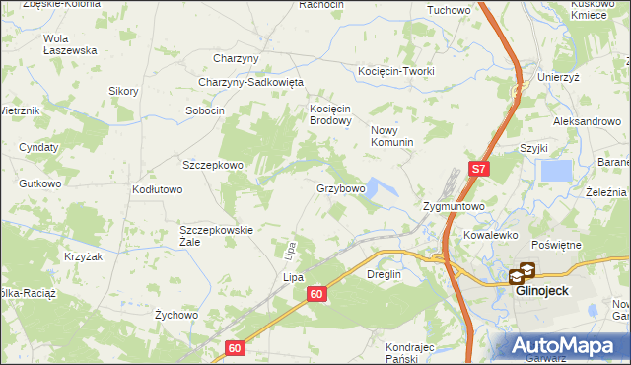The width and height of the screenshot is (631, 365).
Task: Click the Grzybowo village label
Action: click(341, 187)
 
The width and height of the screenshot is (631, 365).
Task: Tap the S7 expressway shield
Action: click(478, 169)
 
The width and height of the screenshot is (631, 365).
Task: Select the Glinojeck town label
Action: click(542, 290)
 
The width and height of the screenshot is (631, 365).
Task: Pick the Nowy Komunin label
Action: click(391, 136)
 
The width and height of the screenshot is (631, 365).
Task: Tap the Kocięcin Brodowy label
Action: click(331, 114)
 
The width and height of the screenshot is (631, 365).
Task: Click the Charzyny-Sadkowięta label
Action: click(250, 83)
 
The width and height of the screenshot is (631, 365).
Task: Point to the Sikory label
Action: click(123, 91)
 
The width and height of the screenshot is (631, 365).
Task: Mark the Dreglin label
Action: click(386, 275)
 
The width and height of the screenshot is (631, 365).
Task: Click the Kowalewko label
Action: click(491, 236)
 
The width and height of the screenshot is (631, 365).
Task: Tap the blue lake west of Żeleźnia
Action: click(556, 171)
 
